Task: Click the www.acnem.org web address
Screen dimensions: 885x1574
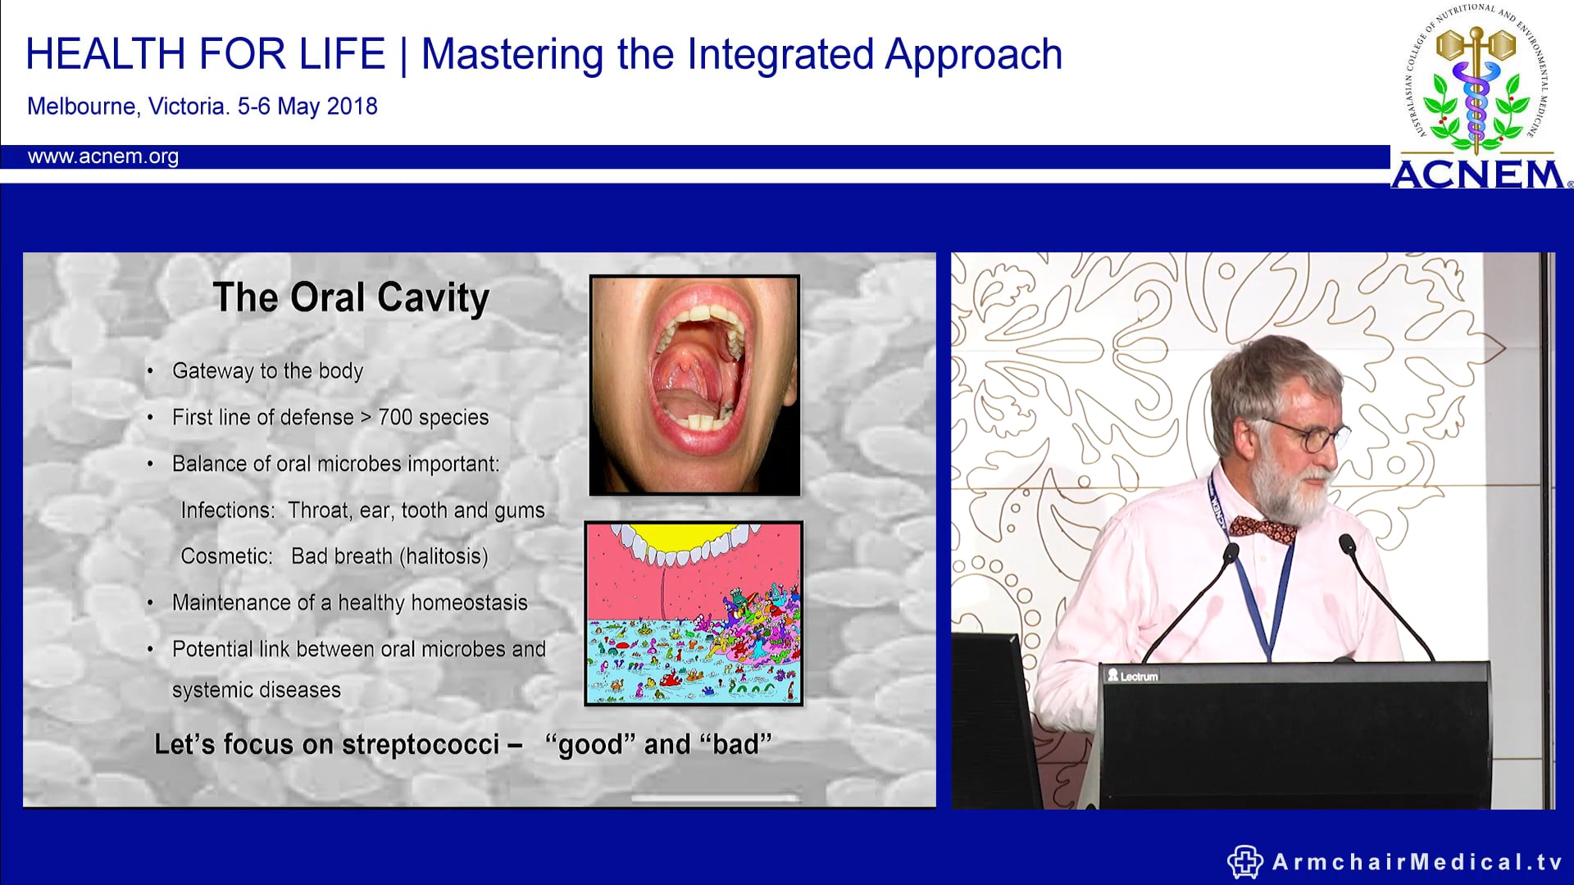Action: coord(102,157)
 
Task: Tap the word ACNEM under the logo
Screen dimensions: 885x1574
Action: coord(1478,175)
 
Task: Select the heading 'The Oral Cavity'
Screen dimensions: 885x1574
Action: coord(351,297)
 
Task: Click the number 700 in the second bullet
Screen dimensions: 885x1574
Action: coord(395,417)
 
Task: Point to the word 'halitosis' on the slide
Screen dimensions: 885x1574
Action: coord(444,556)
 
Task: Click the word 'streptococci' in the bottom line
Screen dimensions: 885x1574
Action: coord(421,744)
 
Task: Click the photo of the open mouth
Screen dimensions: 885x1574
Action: coord(694,385)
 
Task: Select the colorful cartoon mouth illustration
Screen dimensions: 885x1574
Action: coord(694,613)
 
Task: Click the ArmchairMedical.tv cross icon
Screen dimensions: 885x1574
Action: coord(1244,861)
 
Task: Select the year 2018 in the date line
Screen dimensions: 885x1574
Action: coord(352,107)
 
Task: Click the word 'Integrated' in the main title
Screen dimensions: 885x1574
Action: coord(780,55)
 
